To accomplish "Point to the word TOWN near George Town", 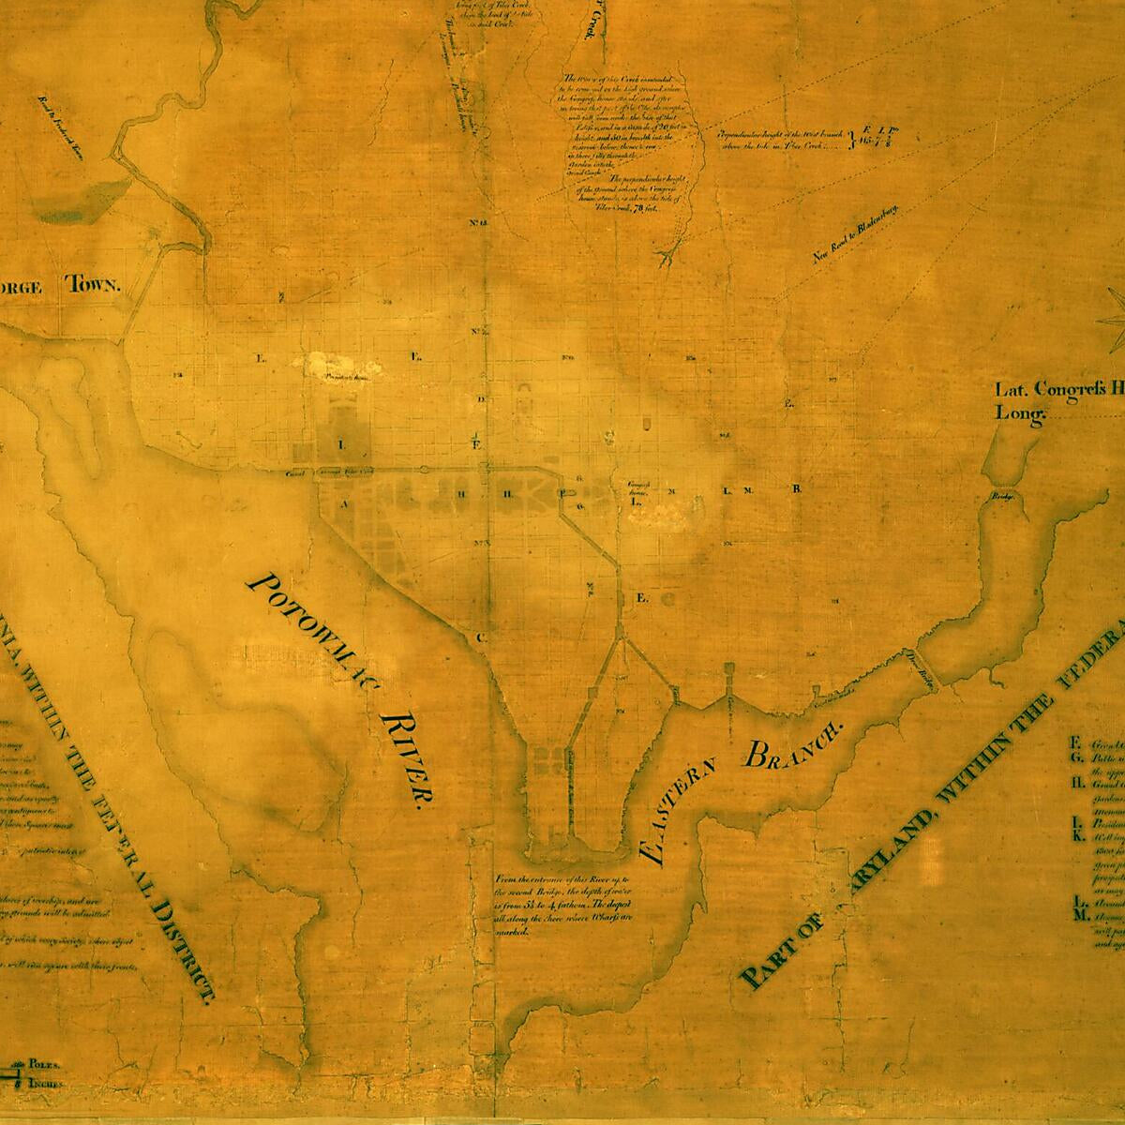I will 91,285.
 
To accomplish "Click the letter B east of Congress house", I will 796,489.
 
